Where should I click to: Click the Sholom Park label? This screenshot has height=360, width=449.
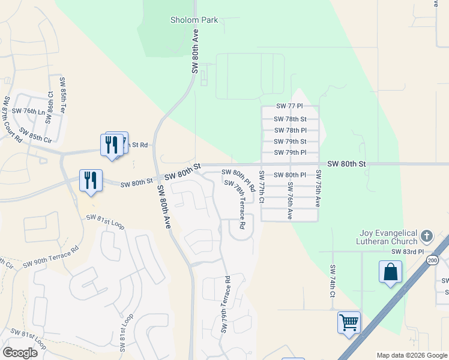(194, 20)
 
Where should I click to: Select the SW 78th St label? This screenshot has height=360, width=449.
(291, 119)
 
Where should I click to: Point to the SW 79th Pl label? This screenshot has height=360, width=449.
(291, 152)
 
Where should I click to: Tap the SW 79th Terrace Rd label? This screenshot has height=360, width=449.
(225, 304)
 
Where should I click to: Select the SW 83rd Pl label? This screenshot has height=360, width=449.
(408, 251)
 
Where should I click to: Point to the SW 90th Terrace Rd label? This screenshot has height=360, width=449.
(50, 256)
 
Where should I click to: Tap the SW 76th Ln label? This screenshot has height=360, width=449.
(33, 111)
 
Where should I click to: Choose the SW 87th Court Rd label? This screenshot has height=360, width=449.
(11, 119)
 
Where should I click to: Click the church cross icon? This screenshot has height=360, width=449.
(427, 235)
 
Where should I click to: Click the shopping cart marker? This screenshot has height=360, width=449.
(349, 323)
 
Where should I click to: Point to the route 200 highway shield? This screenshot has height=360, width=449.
(432, 260)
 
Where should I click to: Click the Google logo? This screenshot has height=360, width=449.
(20, 352)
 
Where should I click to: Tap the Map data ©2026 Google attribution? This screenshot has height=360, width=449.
(411, 355)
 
